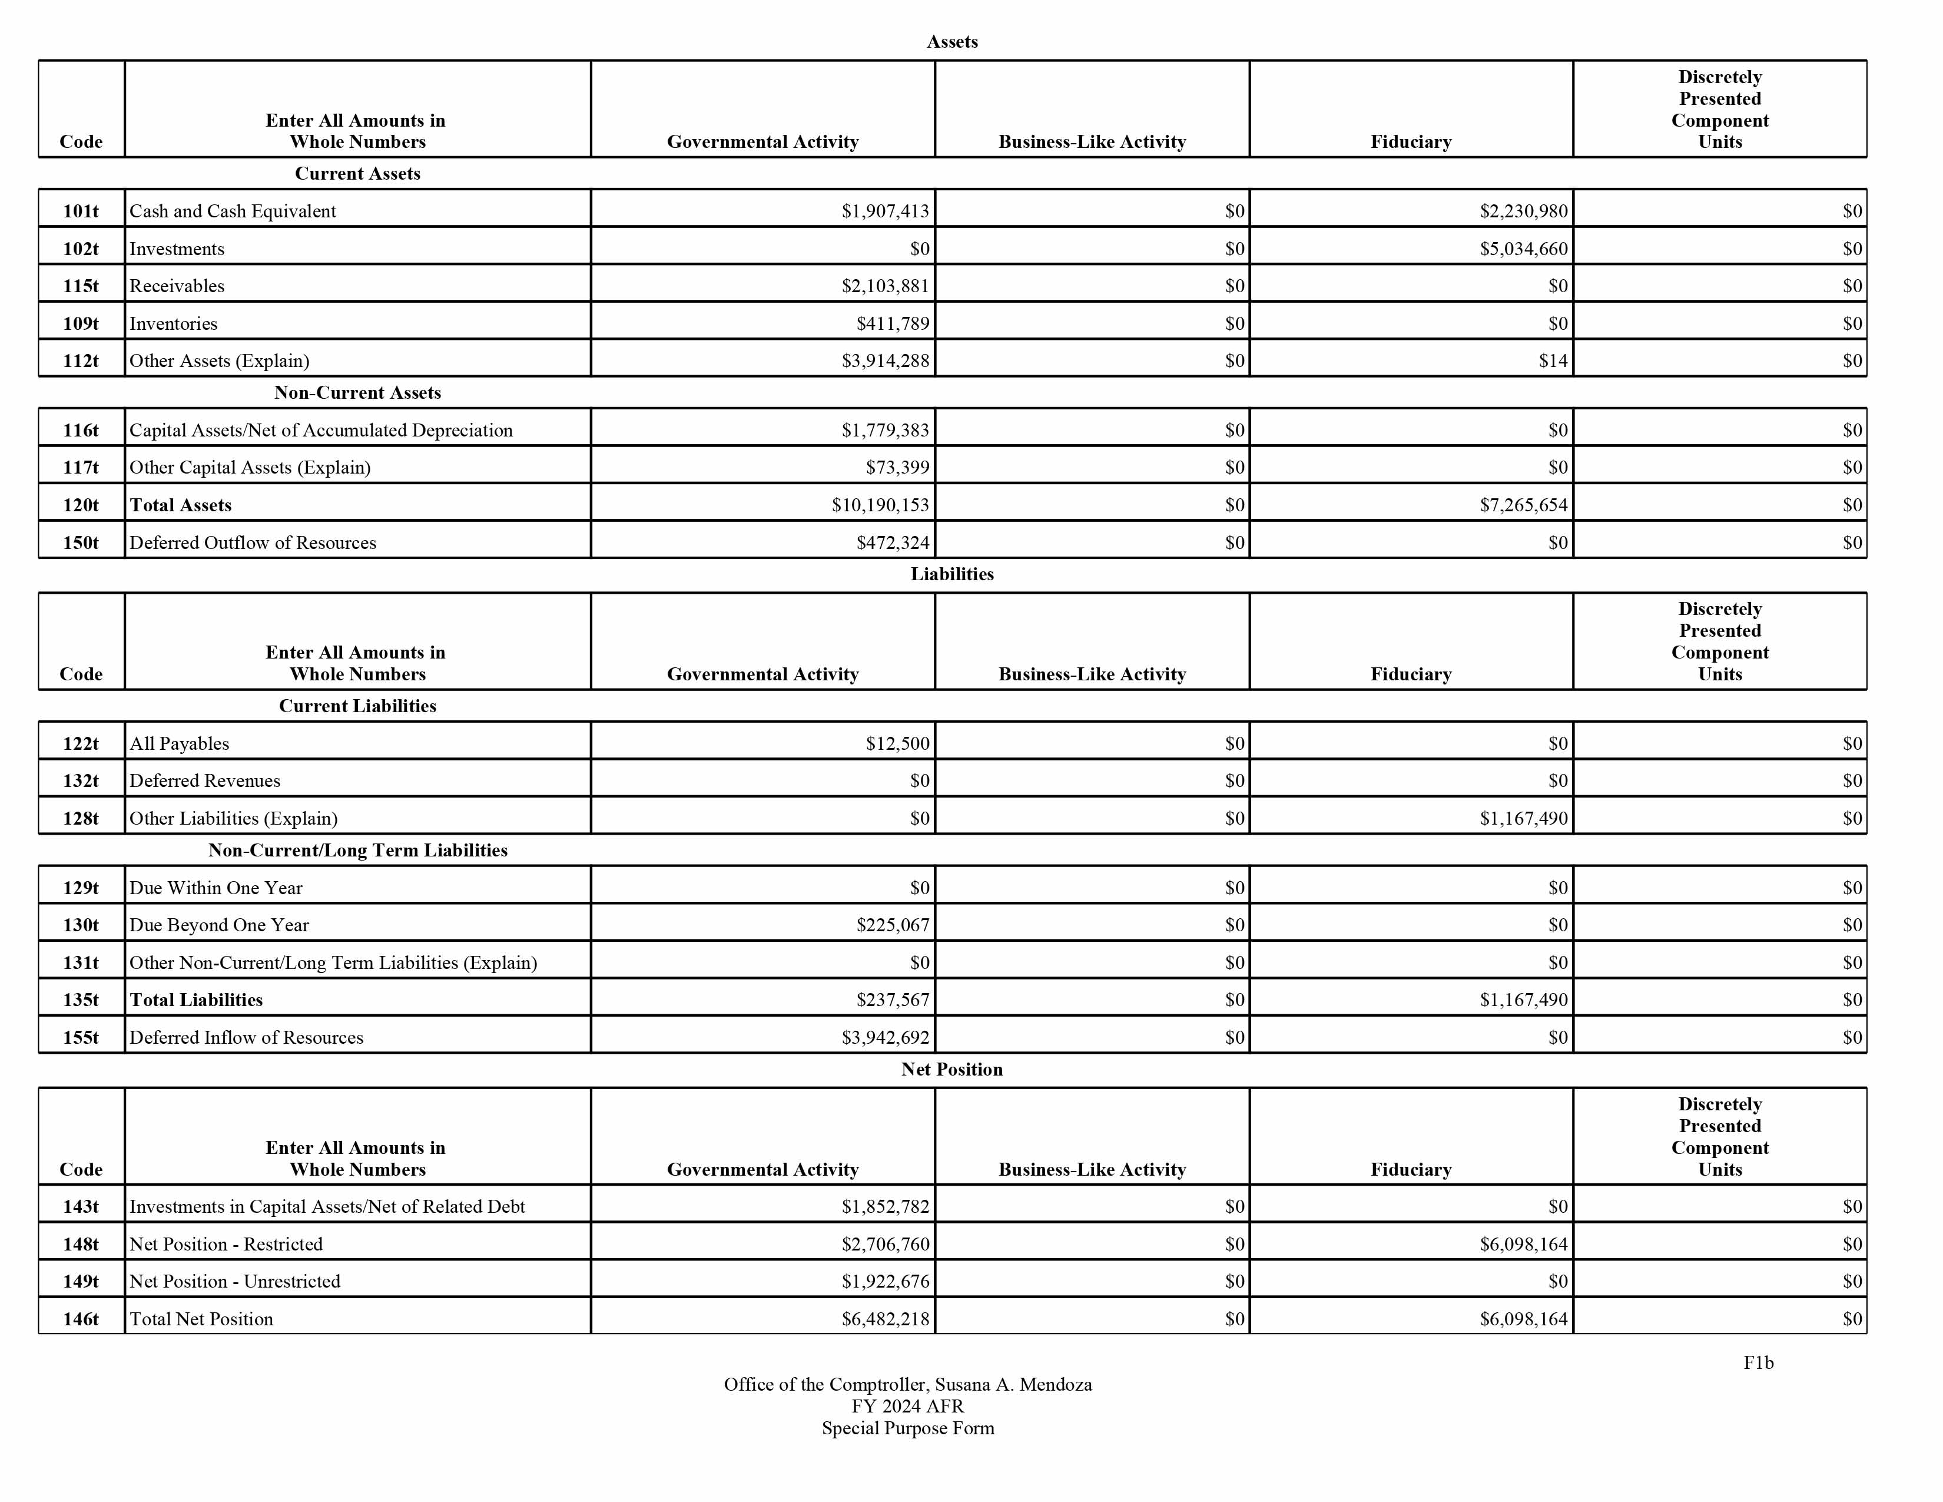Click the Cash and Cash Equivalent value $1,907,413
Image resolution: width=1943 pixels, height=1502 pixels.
[x=884, y=211]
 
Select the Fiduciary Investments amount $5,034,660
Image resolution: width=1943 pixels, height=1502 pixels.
[x=1523, y=248]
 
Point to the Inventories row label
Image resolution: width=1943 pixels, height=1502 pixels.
[x=174, y=323]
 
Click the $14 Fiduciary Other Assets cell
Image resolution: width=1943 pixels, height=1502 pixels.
[x=1553, y=360]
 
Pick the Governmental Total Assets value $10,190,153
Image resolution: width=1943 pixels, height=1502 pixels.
[x=880, y=505]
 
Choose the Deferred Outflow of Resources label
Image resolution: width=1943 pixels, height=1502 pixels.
[x=253, y=542]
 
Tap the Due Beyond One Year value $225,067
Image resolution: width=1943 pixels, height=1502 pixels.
[x=893, y=925]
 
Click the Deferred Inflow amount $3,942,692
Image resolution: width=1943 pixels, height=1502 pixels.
[x=884, y=1037]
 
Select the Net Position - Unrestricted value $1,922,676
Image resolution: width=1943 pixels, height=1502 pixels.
[x=884, y=1281]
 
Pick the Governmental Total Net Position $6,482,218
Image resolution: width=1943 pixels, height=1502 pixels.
[x=884, y=1319]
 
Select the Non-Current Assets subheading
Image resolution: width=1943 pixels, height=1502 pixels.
[x=357, y=392]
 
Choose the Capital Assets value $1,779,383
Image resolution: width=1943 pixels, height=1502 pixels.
[x=884, y=430]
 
